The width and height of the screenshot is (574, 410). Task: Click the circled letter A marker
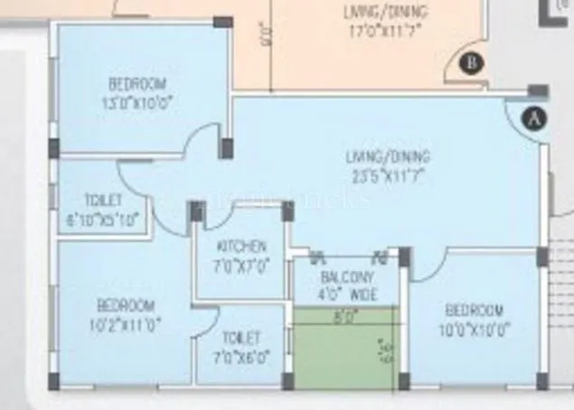pos(536,118)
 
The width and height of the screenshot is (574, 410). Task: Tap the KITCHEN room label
pos(241,246)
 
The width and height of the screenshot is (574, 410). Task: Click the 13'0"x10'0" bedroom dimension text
pos(138,103)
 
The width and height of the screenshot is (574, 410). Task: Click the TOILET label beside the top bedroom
pos(102,200)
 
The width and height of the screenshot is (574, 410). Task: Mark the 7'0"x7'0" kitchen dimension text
pos(240,266)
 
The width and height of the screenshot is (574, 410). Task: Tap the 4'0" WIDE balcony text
pos(347,294)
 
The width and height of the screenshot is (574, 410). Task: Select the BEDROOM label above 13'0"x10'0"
pos(138,87)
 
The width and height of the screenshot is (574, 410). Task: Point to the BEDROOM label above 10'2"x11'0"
pos(126,304)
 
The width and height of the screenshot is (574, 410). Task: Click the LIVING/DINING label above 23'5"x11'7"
pos(387,154)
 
